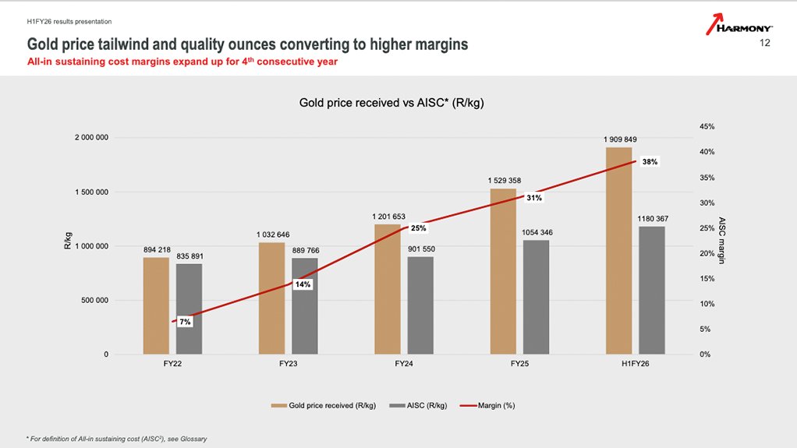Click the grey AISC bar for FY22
click(188, 309)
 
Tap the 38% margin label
click(650, 162)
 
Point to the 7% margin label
click(185, 322)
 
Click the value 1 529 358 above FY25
click(503, 180)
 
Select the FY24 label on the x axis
click(404, 364)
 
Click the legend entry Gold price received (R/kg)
click(324, 405)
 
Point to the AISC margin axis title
click(721, 240)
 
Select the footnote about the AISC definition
click(117, 438)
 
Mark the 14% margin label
click(303, 284)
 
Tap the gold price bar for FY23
click(271, 298)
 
